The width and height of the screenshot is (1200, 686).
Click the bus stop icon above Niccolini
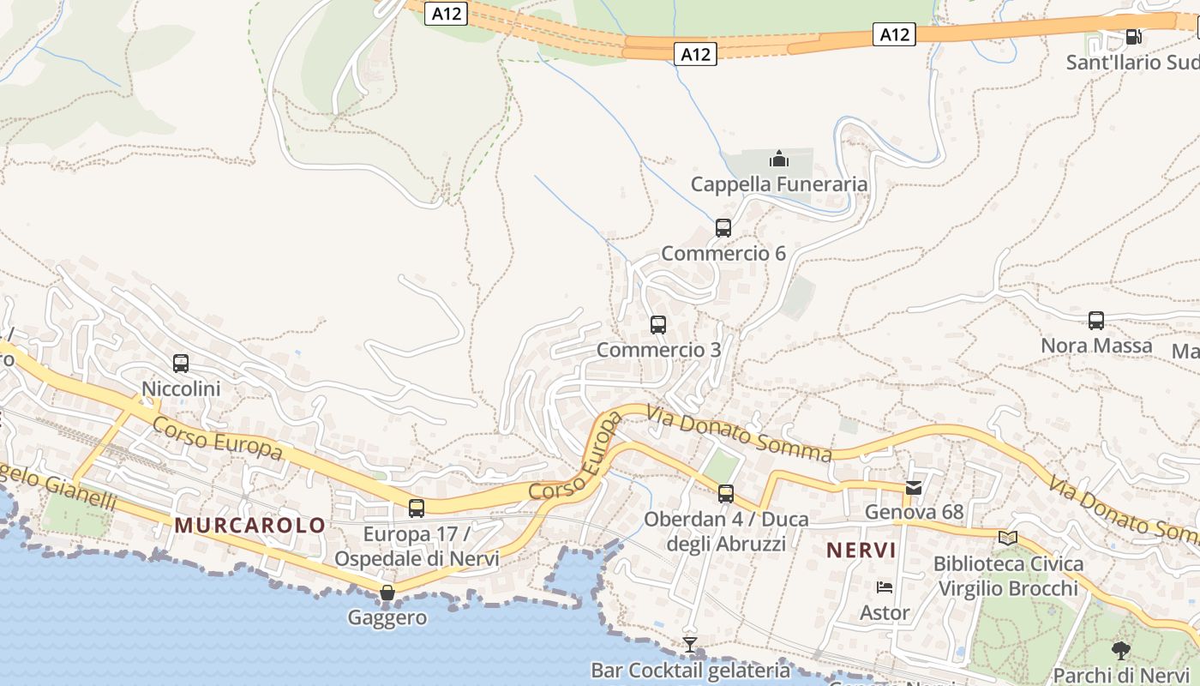coord(180,364)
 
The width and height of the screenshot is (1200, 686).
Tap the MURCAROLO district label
coord(250,526)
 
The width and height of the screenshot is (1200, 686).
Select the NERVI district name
coord(861,550)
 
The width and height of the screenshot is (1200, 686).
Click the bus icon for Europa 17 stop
coord(417,508)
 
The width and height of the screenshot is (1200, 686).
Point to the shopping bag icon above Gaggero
coord(387,593)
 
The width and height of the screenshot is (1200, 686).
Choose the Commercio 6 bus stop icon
coord(723,228)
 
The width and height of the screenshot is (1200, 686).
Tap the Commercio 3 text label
coord(658,350)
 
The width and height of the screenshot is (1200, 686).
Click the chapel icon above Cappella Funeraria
coord(778,159)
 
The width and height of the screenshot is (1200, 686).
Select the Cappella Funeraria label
coord(778,184)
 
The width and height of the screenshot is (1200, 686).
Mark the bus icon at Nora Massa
coord(1095,321)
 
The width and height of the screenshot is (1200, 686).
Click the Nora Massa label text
coord(1095,346)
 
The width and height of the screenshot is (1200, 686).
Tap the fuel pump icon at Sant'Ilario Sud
coord(1133,37)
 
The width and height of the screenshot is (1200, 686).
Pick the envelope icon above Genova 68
coord(915,488)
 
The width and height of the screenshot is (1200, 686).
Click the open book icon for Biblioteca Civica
coord(1008,539)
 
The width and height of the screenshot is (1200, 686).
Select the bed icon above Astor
coord(885,587)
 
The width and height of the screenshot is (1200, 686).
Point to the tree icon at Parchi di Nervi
coord(1120,650)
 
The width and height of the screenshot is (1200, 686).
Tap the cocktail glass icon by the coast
coord(690,644)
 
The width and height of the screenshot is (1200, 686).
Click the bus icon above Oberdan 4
coord(726,494)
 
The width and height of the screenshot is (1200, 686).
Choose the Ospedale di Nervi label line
coord(417,558)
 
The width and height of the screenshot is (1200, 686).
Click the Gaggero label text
coord(387,617)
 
